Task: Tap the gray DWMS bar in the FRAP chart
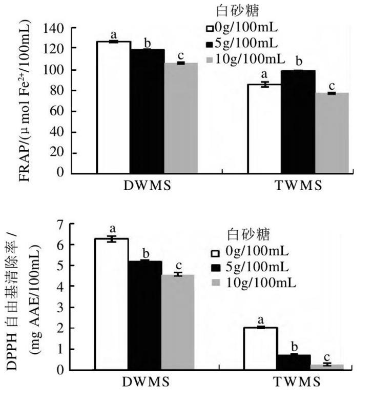pyautogui.click(x=181, y=117)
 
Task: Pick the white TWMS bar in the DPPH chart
pyautogui.click(x=260, y=348)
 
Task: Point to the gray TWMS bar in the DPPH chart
pyautogui.click(x=326, y=366)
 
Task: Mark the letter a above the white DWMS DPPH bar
pyautogui.click(x=112, y=229)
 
